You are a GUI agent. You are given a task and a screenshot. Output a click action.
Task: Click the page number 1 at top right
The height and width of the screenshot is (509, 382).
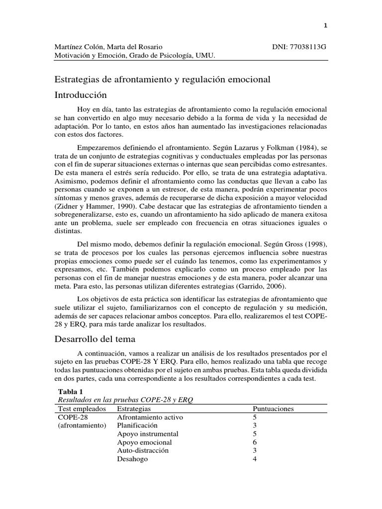pos(325,25)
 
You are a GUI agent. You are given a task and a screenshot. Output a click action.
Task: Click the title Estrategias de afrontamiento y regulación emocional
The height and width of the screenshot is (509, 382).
pos(162,80)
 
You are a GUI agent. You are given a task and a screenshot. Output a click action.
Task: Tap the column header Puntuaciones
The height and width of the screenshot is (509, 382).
pos(273,409)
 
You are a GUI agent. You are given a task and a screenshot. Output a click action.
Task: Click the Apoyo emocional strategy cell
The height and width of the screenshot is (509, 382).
pos(144,442)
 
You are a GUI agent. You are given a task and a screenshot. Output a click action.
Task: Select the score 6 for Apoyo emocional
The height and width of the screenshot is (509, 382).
pos(255,442)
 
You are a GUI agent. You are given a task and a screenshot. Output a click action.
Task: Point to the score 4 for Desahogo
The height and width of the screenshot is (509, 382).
pos(255,459)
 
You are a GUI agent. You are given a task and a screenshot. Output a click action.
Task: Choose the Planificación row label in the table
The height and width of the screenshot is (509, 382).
pos(137,425)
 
